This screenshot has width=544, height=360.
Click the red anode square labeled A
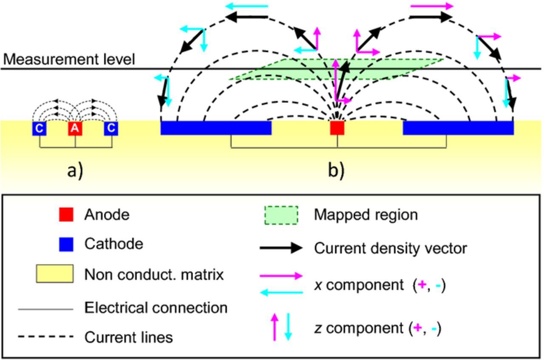(x=75, y=128)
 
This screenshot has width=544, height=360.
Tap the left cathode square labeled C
(x=39, y=128)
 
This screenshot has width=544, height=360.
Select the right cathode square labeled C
(x=111, y=128)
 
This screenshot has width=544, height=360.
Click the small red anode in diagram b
(x=337, y=128)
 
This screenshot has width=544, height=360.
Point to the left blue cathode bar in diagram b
(x=216, y=128)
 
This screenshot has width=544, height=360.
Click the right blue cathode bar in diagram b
(x=458, y=128)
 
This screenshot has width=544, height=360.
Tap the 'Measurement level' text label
(x=69, y=60)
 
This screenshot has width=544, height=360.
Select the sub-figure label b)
(x=336, y=170)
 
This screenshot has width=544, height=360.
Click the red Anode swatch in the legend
(x=66, y=215)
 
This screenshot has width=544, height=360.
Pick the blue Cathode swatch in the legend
(x=66, y=244)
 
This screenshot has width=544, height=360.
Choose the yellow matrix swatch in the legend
(x=54, y=274)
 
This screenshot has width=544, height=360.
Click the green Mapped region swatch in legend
(x=281, y=215)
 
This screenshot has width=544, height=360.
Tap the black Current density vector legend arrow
(x=281, y=248)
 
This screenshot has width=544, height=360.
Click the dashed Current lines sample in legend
(x=45, y=337)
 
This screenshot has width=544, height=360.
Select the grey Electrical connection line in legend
(x=45, y=309)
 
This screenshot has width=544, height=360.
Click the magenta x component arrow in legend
(x=281, y=276)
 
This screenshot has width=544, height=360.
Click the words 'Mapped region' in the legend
(x=365, y=215)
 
